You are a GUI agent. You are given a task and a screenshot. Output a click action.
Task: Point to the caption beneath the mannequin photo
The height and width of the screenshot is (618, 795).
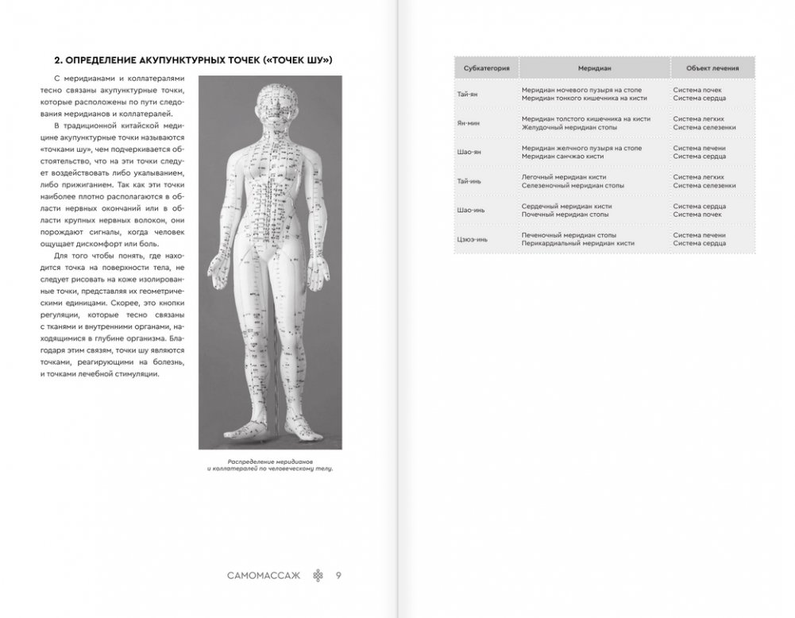[266, 465]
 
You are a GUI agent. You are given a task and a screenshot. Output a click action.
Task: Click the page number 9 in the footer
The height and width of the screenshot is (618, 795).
[339, 575]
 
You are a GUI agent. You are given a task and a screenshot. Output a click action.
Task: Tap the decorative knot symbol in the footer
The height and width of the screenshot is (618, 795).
[319, 575]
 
